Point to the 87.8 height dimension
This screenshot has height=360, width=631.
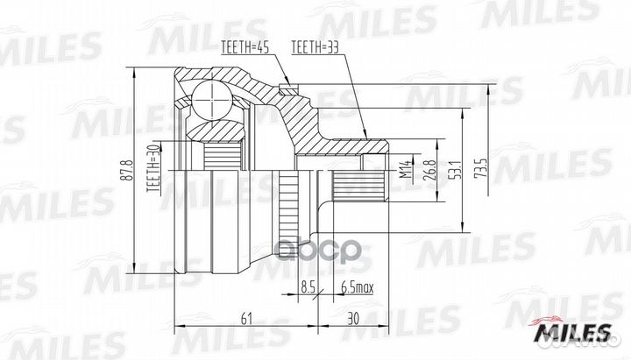[x=126, y=169]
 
